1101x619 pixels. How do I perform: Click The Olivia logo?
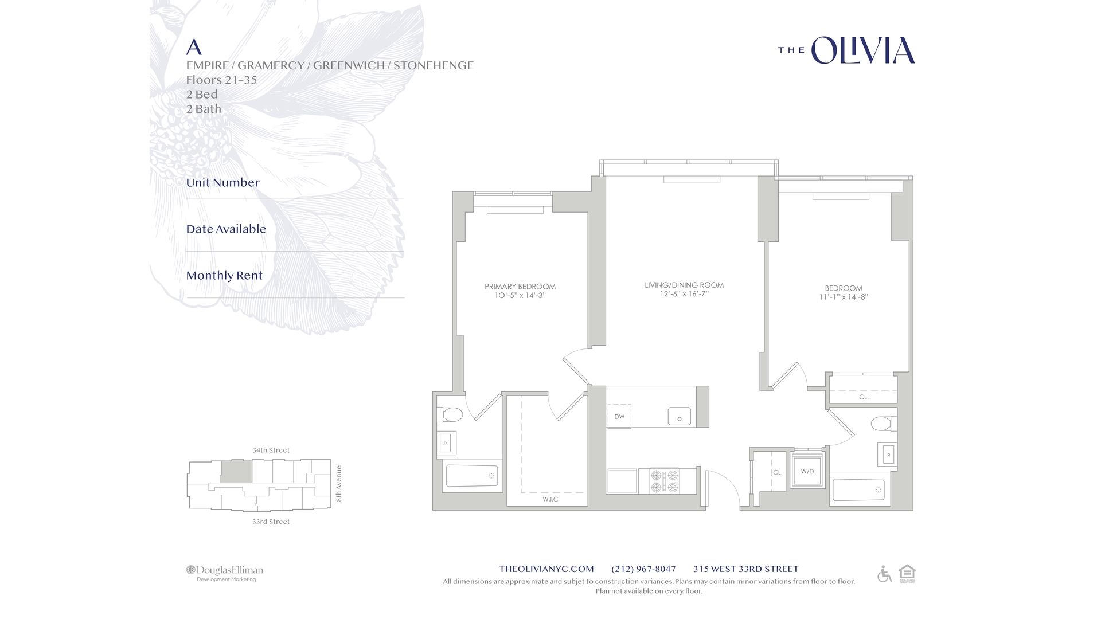846,50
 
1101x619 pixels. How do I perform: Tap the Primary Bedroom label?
520,287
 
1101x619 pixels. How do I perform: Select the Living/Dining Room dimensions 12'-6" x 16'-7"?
684,294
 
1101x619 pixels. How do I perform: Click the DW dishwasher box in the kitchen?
619,416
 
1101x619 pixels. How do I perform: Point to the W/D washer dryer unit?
807,471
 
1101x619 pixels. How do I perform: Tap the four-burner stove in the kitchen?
665,481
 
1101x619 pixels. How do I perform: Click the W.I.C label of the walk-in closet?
550,499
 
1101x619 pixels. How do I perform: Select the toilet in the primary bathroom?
450,414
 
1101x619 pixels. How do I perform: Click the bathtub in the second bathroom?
858,489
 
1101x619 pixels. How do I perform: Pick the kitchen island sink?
680,417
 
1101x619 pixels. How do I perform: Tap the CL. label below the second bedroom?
864,397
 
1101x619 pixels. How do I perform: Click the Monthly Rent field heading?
224,276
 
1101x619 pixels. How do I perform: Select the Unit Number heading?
222,183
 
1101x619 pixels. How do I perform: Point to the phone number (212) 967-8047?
643,569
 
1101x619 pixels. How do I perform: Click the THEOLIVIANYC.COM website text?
546,569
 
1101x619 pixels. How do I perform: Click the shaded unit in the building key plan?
236,472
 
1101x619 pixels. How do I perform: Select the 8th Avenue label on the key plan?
339,483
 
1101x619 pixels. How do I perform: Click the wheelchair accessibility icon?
884,574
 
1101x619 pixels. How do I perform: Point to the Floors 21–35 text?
221,80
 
